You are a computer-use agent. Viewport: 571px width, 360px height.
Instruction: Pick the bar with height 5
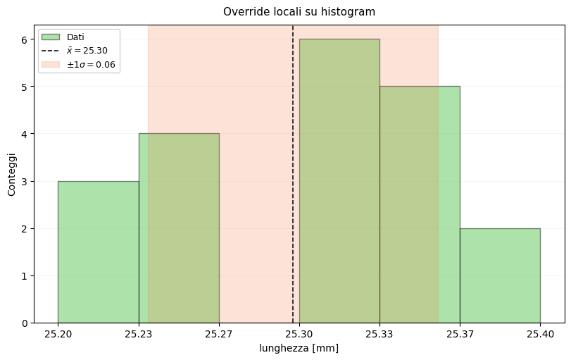(x=420, y=204)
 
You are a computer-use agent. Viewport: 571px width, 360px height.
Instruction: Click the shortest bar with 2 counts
(x=500, y=275)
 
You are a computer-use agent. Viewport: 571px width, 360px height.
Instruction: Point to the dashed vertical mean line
(x=293, y=176)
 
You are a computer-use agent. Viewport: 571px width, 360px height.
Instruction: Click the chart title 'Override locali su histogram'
(x=299, y=12)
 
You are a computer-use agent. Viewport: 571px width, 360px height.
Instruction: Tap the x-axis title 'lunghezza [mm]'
(x=299, y=348)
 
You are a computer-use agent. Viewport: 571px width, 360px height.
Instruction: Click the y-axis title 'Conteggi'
(x=12, y=174)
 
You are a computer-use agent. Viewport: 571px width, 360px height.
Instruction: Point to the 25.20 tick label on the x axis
(x=58, y=334)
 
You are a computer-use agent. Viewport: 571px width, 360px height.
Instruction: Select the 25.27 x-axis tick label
(x=219, y=334)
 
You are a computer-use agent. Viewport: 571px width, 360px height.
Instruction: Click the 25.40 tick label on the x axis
(x=540, y=334)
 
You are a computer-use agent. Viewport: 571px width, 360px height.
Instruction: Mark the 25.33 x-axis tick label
(x=379, y=334)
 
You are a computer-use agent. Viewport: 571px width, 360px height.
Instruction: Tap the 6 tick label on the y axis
(x=24, y=40)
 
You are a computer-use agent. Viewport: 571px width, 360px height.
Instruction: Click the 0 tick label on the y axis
(x=24, y=323)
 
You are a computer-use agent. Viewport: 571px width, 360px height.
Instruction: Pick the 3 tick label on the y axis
(x=24, y=182)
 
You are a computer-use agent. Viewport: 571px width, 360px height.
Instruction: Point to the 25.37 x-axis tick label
(x=460, y=334)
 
